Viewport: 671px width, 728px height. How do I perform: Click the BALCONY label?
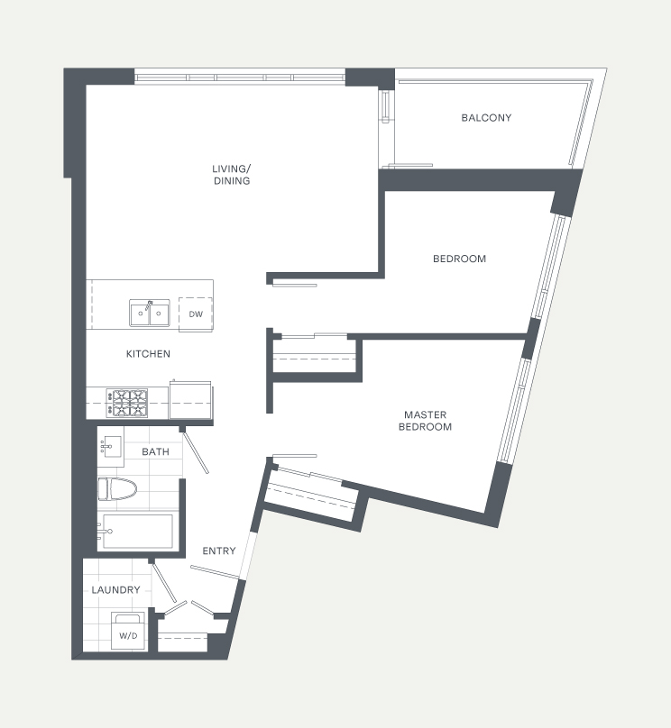pos(486,118)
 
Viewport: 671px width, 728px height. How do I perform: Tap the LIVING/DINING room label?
pos(232,175)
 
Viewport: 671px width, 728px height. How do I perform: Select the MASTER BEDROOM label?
pos(425,421)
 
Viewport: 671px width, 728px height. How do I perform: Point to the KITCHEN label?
pos(148,354)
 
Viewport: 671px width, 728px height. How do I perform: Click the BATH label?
pos(156,451)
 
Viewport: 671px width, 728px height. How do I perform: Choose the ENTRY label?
pos(219,551)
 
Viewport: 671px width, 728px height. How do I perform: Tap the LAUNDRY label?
pos(115,589)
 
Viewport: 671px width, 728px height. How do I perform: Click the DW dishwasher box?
pos(196,314)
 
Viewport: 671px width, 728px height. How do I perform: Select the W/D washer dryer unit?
pos(128,631)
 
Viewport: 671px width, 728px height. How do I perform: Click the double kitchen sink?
pos(149,313)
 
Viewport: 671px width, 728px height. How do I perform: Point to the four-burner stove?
pos(127,403)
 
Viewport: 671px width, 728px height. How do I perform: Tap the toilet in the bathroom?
pos(117,489)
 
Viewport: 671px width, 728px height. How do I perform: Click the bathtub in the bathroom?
pos(135,532)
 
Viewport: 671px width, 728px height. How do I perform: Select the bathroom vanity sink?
pos(111,446)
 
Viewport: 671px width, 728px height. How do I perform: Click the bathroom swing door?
pos(196,452)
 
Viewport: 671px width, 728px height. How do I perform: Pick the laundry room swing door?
pos(164,582)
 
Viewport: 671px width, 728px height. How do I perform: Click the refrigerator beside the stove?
pos(190,400)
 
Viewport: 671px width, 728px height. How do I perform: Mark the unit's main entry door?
pos(215,572)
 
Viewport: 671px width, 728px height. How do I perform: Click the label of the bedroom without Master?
pos(460,259)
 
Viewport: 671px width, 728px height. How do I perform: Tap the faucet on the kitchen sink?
pos(149,305)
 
